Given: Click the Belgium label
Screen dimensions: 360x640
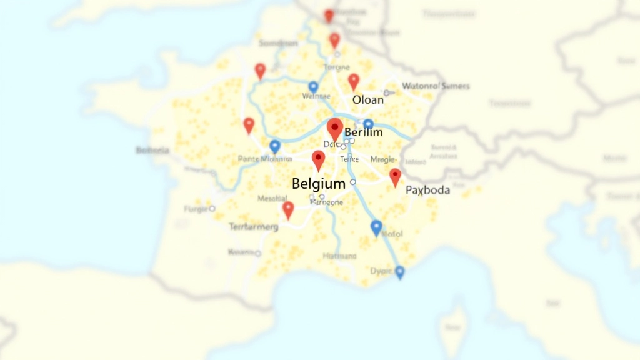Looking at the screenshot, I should coord(319,184).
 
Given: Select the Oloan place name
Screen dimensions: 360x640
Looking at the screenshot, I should coord(368,100).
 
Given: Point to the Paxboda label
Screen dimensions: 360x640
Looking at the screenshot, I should coord(427,191).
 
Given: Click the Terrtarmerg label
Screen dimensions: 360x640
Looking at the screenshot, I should coord(253,227).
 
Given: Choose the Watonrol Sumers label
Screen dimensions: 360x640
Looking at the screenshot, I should coord(436,86).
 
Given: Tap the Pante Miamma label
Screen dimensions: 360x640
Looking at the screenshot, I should coord(265,159).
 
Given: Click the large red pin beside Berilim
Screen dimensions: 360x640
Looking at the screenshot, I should coord(335,129).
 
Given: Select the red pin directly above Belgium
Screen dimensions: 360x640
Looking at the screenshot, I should coord(319,161).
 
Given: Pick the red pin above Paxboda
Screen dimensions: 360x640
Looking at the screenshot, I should coord(395,177).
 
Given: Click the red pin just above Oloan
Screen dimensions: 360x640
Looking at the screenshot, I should coord(354,82).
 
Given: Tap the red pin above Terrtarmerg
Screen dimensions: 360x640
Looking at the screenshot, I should coord(287,210).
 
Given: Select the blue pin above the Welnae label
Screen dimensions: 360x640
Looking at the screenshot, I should coord(313,87).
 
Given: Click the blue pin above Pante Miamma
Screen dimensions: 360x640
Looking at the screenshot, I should coord(274,147).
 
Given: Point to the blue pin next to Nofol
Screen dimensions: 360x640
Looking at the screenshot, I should coord(376,228).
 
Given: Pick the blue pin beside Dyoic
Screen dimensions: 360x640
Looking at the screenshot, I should coord(399,272).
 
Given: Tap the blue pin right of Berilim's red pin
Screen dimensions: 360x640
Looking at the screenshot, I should coord(368,124).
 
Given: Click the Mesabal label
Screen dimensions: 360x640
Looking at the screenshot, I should coord(272,199).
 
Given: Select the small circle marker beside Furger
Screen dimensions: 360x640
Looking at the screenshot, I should coord(212,209).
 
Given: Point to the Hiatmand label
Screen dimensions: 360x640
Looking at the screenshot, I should coord(339,256).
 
